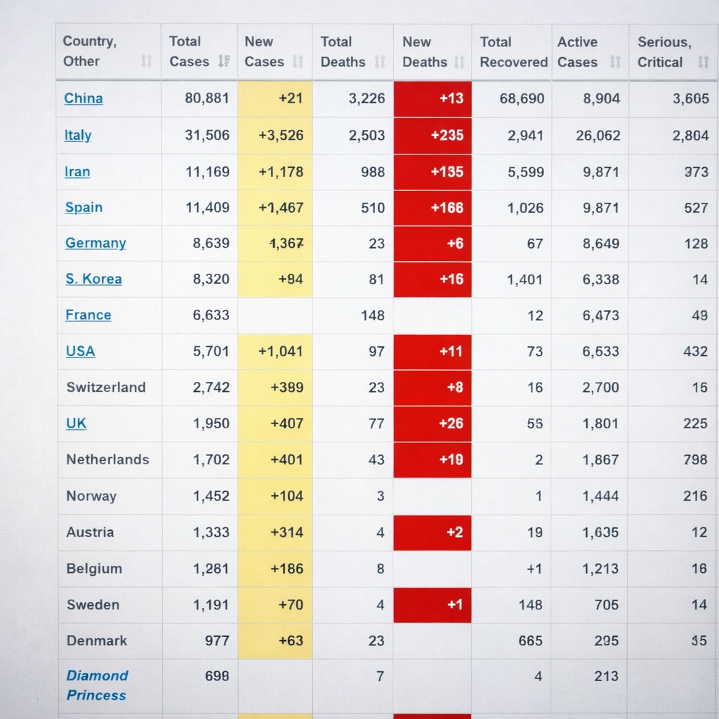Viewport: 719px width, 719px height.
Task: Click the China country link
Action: tap(84, 98)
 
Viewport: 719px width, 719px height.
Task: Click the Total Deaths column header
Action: tap(343, 52)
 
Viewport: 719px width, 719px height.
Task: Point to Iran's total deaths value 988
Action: tap(373, 172)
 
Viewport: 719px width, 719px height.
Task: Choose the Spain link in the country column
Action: tap(84, 208)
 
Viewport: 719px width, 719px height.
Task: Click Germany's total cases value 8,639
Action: tap(211, 244)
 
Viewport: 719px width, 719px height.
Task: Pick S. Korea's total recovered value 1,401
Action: tap(525, 279)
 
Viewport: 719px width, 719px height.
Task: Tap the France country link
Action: tap(88, 315)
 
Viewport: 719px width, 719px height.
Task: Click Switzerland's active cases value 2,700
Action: tap(601, 388)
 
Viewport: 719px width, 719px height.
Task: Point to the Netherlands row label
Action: tap(107, 460)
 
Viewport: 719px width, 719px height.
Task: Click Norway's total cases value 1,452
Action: tap(211, 496)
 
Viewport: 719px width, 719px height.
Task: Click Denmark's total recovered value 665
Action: tap(530, 640)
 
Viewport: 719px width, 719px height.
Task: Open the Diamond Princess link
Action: tap(97, 685)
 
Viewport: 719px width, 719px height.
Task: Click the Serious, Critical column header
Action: tap(664, 52)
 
